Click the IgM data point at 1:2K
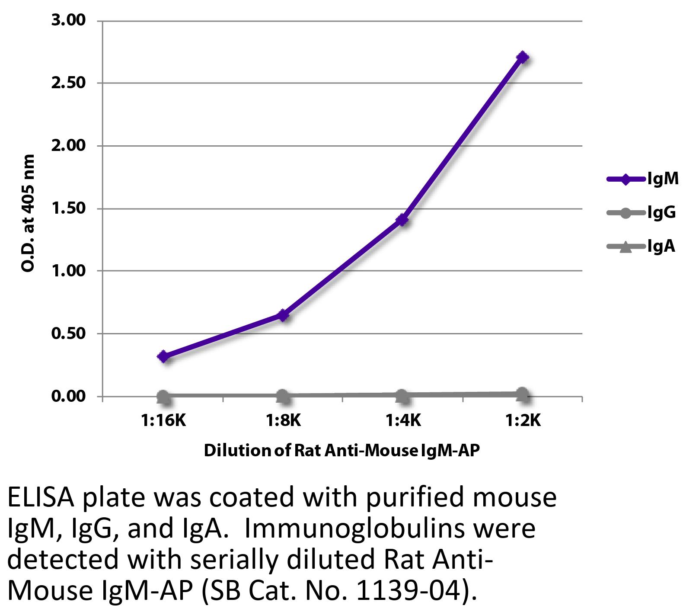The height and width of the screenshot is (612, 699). tap(522, 57)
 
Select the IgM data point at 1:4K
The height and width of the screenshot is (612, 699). tap(402, 220)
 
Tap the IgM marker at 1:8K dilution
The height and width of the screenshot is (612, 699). tap(283, 315)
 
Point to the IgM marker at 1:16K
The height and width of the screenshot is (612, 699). tap(163, 356)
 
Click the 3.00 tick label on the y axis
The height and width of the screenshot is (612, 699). tap(69, 20)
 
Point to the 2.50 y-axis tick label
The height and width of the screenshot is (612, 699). tap(69, 83)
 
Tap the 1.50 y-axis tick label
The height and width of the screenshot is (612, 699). tap(69, 208)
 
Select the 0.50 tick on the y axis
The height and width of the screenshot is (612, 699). tap(69, 334)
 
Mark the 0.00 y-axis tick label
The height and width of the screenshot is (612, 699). tap(69, 396)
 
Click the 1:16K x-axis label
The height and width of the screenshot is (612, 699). tap(163, 420)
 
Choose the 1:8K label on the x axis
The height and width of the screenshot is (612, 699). tap(283, 420)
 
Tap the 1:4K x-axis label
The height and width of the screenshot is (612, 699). tap(402, 420)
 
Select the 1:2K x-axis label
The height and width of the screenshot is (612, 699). tap(522, 420)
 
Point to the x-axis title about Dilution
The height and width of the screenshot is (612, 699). tap(342, 451)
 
